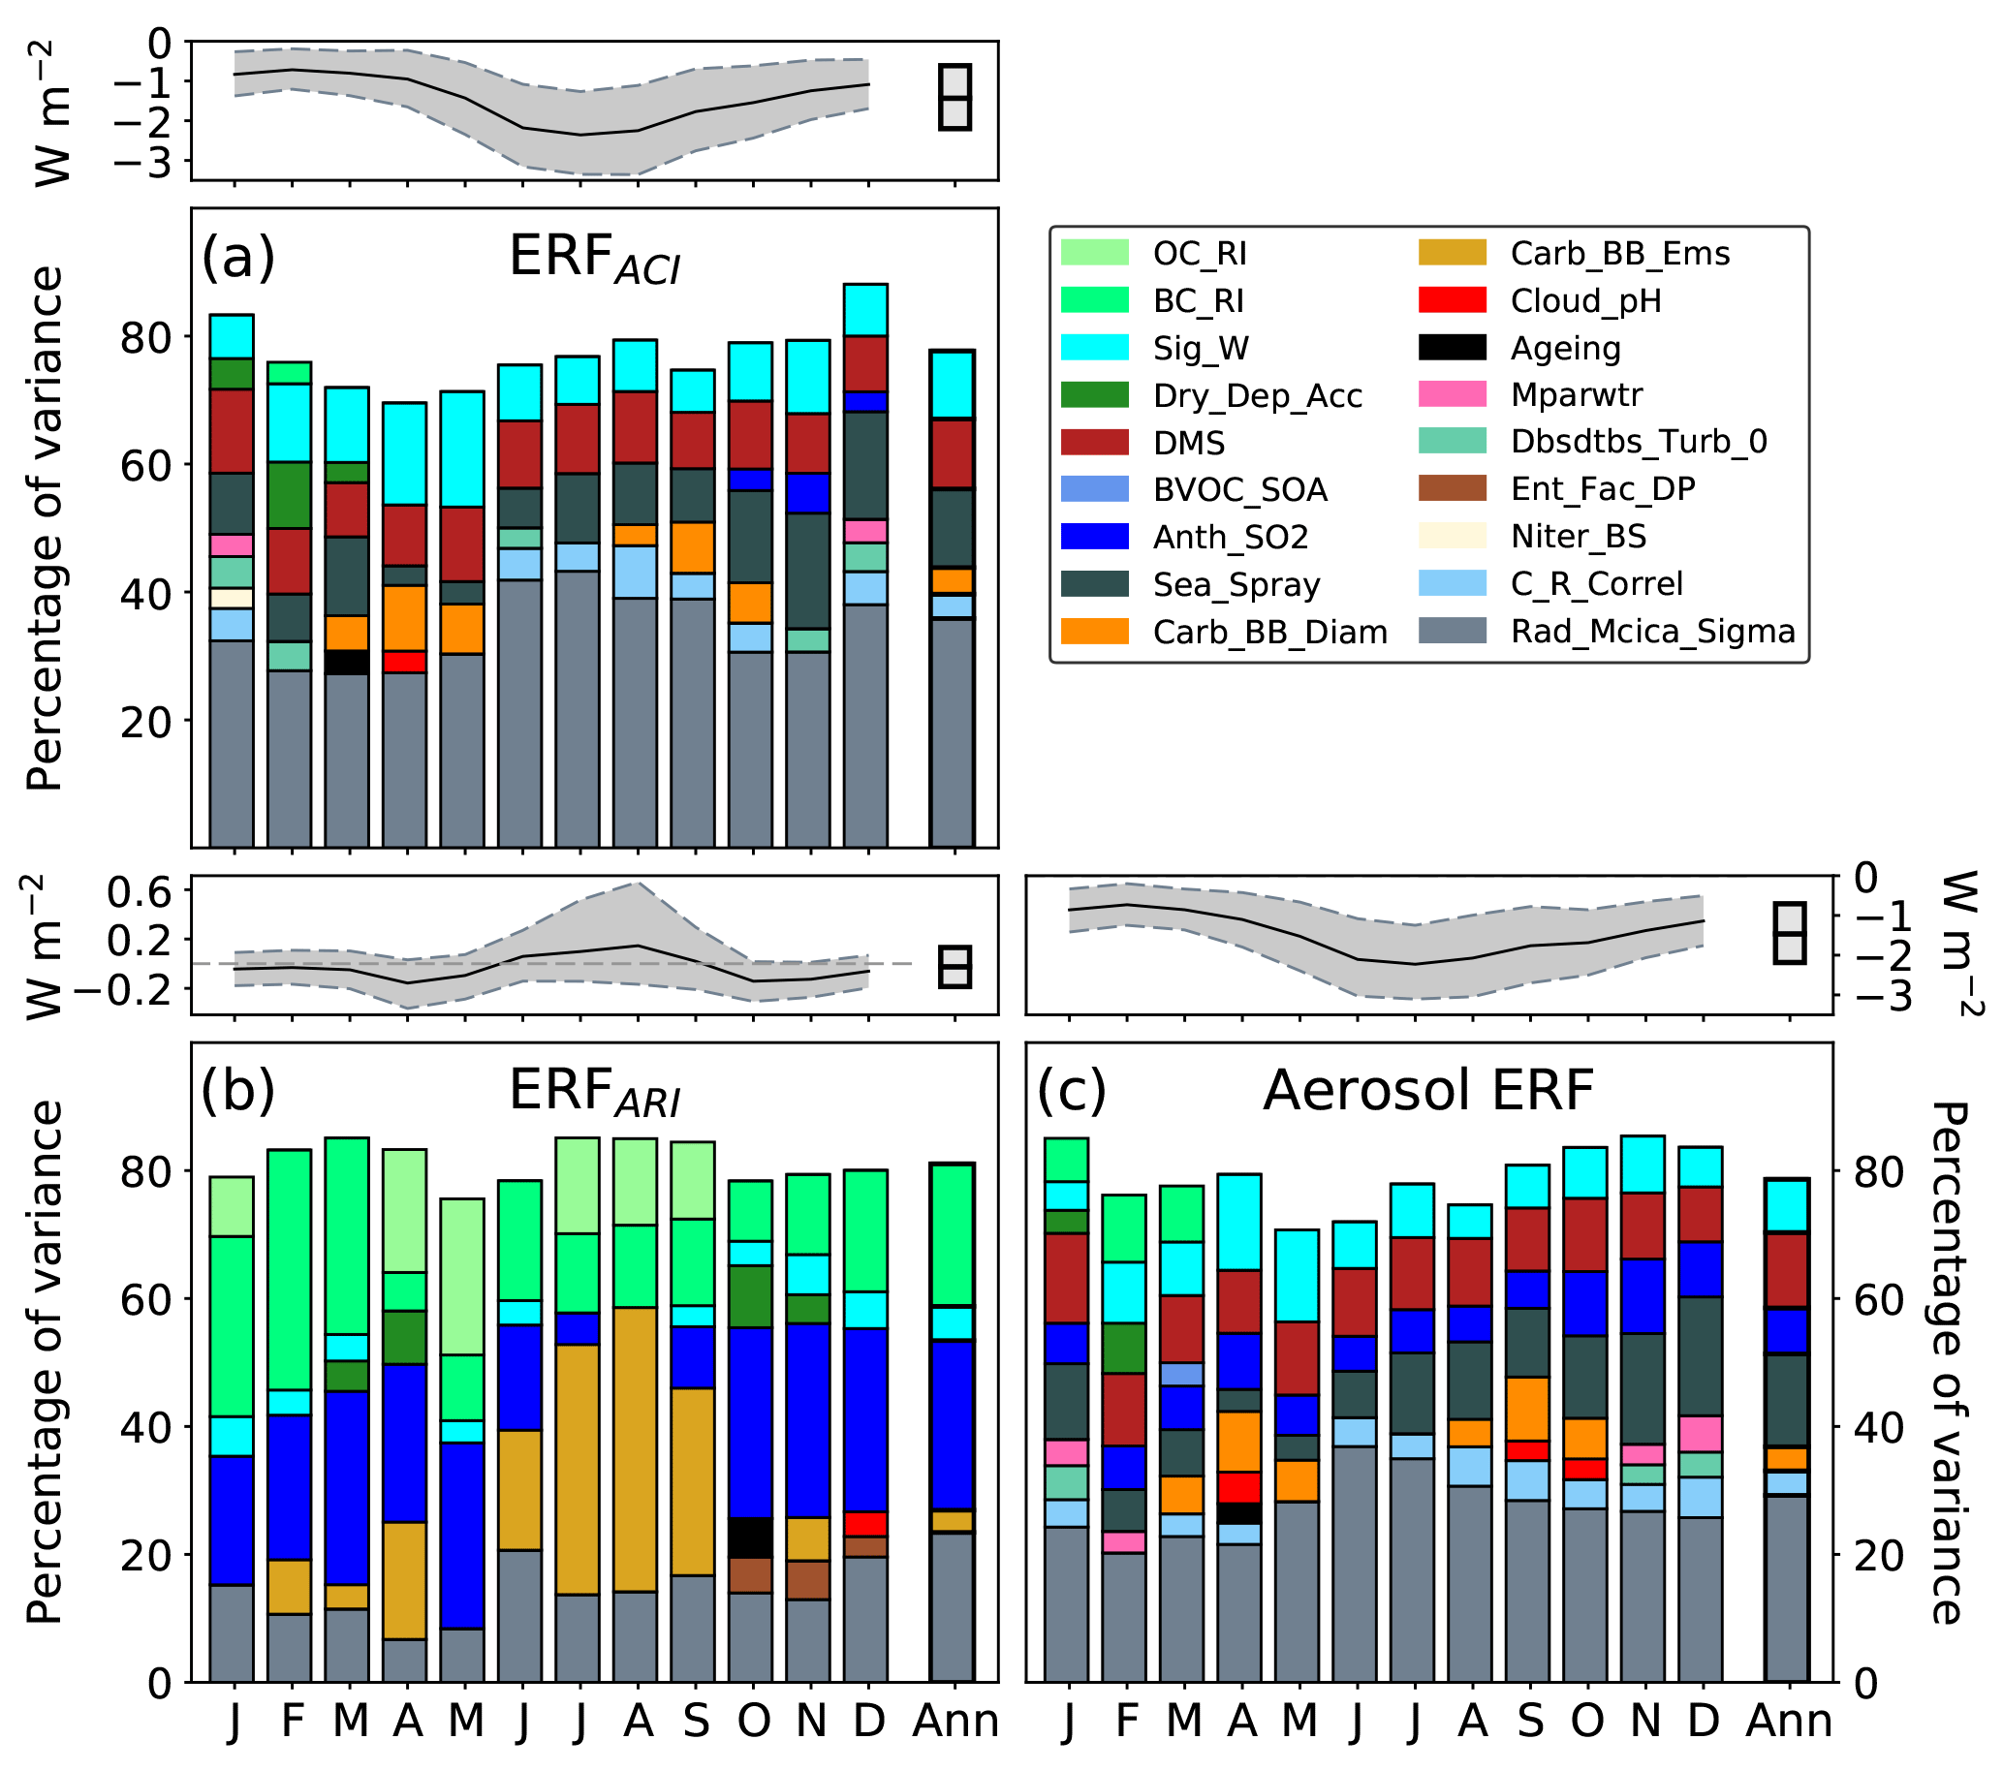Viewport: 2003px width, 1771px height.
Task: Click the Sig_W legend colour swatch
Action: tap(1094, 348)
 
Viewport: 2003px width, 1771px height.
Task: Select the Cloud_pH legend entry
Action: tap(1584, 300)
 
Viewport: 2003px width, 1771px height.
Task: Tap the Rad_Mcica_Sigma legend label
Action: tap(1652, 632)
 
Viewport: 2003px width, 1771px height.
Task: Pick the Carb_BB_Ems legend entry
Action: tap(1619, 254)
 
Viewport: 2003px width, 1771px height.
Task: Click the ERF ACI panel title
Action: tap(594, 260)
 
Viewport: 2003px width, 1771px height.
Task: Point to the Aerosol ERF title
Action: tap(1427, 1091)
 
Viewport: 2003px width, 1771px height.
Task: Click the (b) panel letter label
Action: tap(237, 1090)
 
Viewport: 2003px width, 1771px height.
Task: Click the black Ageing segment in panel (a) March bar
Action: tap(347, 662)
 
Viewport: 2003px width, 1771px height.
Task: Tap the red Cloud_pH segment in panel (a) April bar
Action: tap(405, 661)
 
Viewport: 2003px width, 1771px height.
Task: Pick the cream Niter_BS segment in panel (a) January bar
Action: tap(232, 598)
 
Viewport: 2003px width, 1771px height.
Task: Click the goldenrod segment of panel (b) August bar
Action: tap(636, 1449)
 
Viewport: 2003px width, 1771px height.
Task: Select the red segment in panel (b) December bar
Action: tap(866, 1524)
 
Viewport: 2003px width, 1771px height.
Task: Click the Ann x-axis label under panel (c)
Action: tap(1790, 1721)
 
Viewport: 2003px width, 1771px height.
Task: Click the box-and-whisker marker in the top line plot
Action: tap(955, 97)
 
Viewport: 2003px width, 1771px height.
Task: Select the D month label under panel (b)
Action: tap(867, 1721)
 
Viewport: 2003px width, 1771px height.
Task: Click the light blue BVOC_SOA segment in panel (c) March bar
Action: tap(1182, 1375)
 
